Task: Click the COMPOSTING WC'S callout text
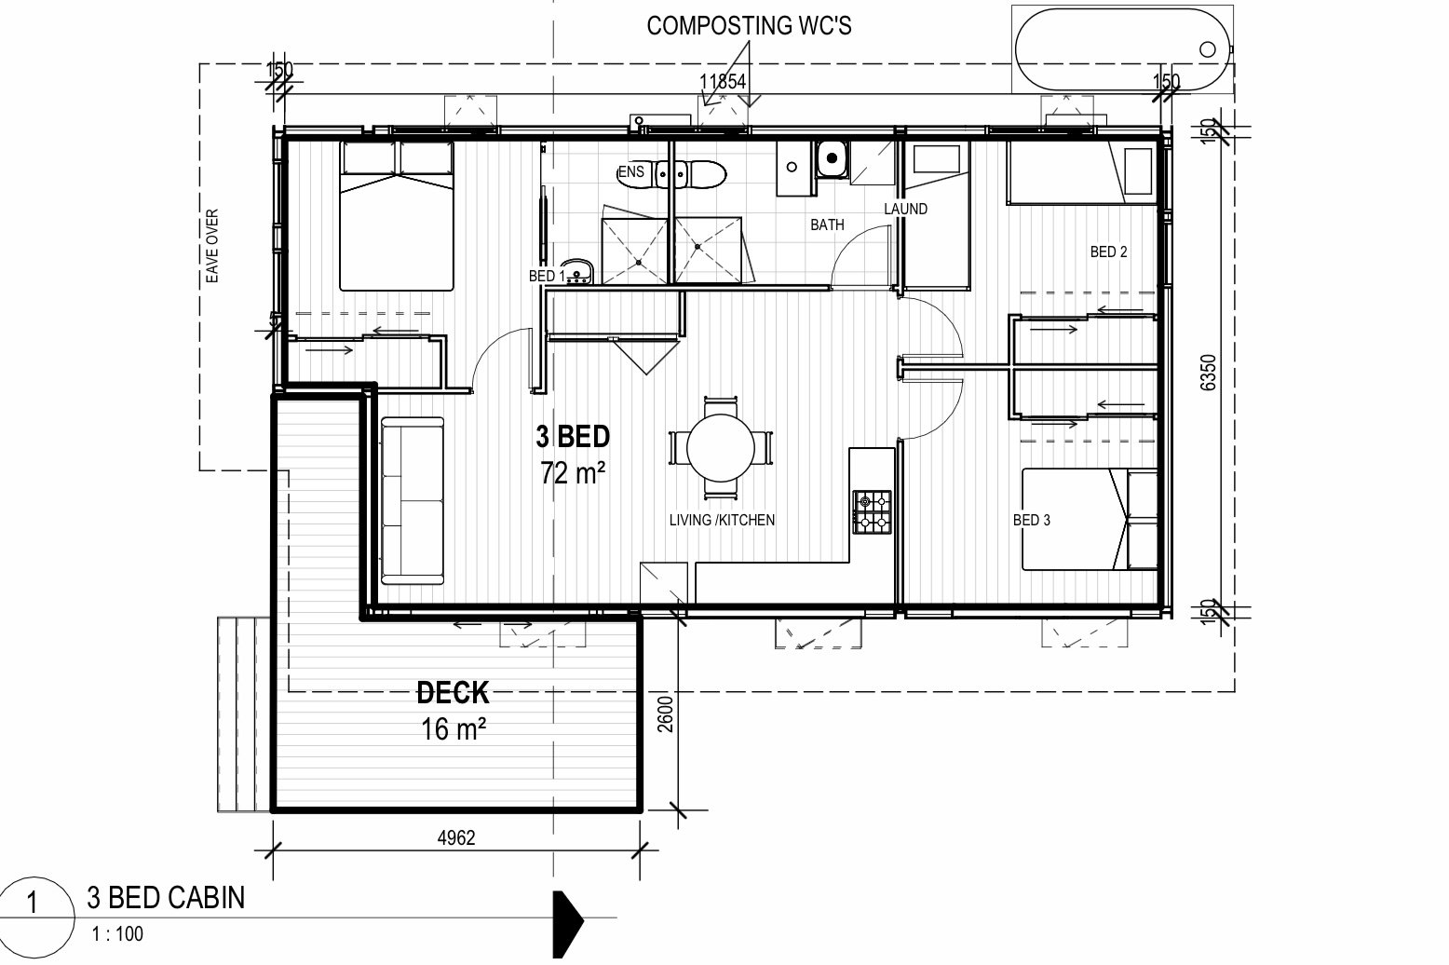749,26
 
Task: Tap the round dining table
720,448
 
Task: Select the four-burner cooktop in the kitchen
872,512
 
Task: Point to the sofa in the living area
412,500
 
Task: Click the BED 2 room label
1108,251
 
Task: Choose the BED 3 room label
1031,520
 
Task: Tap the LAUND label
905,209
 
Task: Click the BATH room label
827,224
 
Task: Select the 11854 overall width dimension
724,82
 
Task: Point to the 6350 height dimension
1208,373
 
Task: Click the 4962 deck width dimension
456,838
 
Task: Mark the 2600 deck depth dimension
665,714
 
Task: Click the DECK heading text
453,693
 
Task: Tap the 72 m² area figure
573,473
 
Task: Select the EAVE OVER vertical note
212,246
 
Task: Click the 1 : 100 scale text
117,934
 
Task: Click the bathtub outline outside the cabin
1122,49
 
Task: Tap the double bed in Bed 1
397,215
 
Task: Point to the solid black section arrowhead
567,924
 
